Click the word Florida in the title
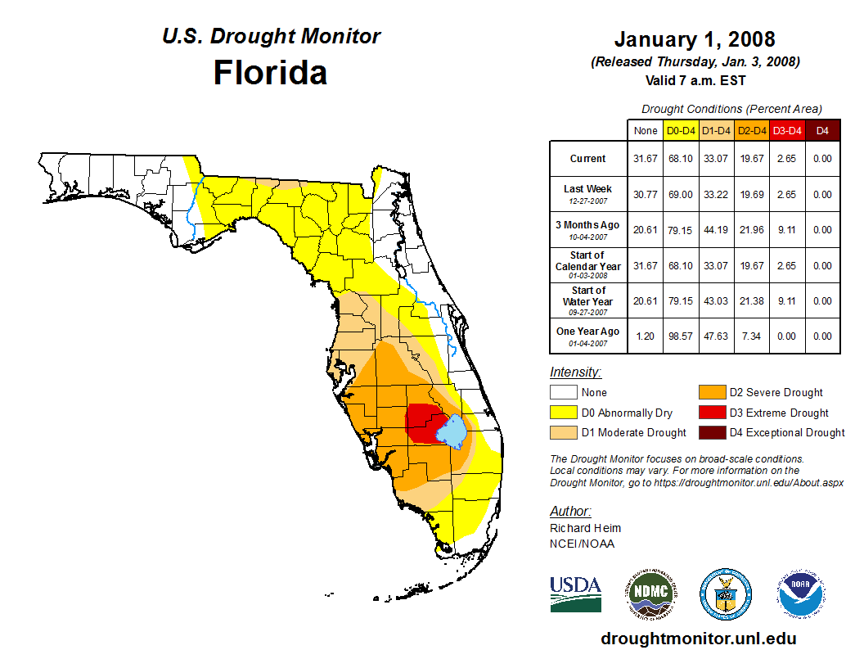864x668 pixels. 270,73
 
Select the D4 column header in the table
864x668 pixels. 822,130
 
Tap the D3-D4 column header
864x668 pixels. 787,130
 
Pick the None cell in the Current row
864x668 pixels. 645,159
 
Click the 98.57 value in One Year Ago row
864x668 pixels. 681,336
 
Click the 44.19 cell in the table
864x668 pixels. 716,230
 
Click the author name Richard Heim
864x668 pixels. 585,528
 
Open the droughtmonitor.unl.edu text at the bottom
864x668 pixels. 698,639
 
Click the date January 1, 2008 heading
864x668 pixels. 695,39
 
